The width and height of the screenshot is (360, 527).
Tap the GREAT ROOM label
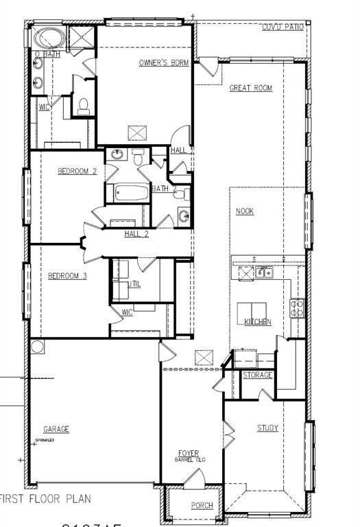[x=250, y=88]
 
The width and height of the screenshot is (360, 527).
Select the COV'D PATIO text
[x=283, y=27]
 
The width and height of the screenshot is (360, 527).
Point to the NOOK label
[x=245, y=211]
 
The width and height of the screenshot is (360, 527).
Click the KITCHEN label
[x=258, y=322]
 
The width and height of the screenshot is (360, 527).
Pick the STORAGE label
[x=257, y=375]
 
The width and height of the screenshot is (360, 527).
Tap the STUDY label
[x=267, y=428]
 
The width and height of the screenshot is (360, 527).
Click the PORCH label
[x=202, y=506]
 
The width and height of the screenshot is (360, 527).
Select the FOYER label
[x=189, y=454]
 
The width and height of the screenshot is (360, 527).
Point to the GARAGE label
[x=56, y=430]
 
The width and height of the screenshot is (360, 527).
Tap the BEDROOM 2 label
[x=77, y=172]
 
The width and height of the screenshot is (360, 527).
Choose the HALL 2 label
[x=136, y=234]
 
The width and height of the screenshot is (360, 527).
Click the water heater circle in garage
[x=38, y=347]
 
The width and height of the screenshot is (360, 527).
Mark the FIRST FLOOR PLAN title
[x=45, y=499]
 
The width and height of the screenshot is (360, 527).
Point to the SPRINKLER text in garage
[x=45, y=441]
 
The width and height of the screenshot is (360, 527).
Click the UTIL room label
[x=134, y=284]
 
